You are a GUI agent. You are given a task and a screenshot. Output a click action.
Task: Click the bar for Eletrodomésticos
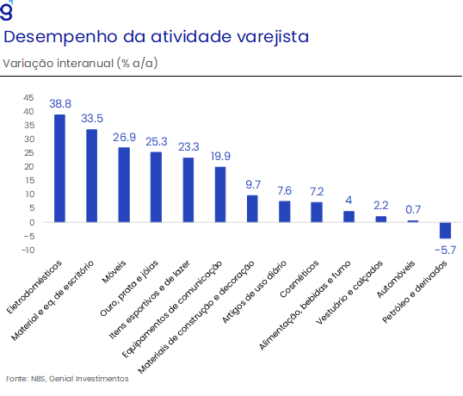click(x=59, y=169)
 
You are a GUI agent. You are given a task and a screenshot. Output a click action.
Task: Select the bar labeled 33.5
click(x=91, y=176)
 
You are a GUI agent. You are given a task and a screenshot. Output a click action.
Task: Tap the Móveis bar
click(x=124, y=185)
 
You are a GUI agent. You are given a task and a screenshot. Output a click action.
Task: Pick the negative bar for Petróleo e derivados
click(x=445, y=230)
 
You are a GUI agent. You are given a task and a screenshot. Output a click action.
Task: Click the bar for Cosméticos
click(x=317, y=212)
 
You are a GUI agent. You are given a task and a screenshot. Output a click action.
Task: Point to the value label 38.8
click(x=60, y=103)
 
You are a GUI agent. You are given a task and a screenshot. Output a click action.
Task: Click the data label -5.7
click(x=445, y=251)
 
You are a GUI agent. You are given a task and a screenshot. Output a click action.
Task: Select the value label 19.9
click(x=220, y=156)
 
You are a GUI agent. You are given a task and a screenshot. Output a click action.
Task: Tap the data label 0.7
click(x=413, y=210)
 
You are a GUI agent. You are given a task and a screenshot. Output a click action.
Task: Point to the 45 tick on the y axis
click(x=28, y=98)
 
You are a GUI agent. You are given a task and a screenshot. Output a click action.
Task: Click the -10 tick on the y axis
click(x=28, y=251)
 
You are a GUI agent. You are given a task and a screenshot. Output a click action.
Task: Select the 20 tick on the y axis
click(x=29, y=166)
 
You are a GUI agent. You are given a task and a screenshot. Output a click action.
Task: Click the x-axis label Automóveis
click(x=396, y=279)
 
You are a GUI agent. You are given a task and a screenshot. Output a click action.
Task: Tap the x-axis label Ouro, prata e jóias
click(x=129, y=288)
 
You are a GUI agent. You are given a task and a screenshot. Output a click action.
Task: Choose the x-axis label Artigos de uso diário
click(x=254, y=292)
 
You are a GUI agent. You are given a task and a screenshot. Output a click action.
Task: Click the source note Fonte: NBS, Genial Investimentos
click(x=67, y=379)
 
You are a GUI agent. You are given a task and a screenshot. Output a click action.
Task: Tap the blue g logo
click(x=7, y=10)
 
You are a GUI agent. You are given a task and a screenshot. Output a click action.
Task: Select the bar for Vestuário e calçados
click(x=381, y=220)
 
